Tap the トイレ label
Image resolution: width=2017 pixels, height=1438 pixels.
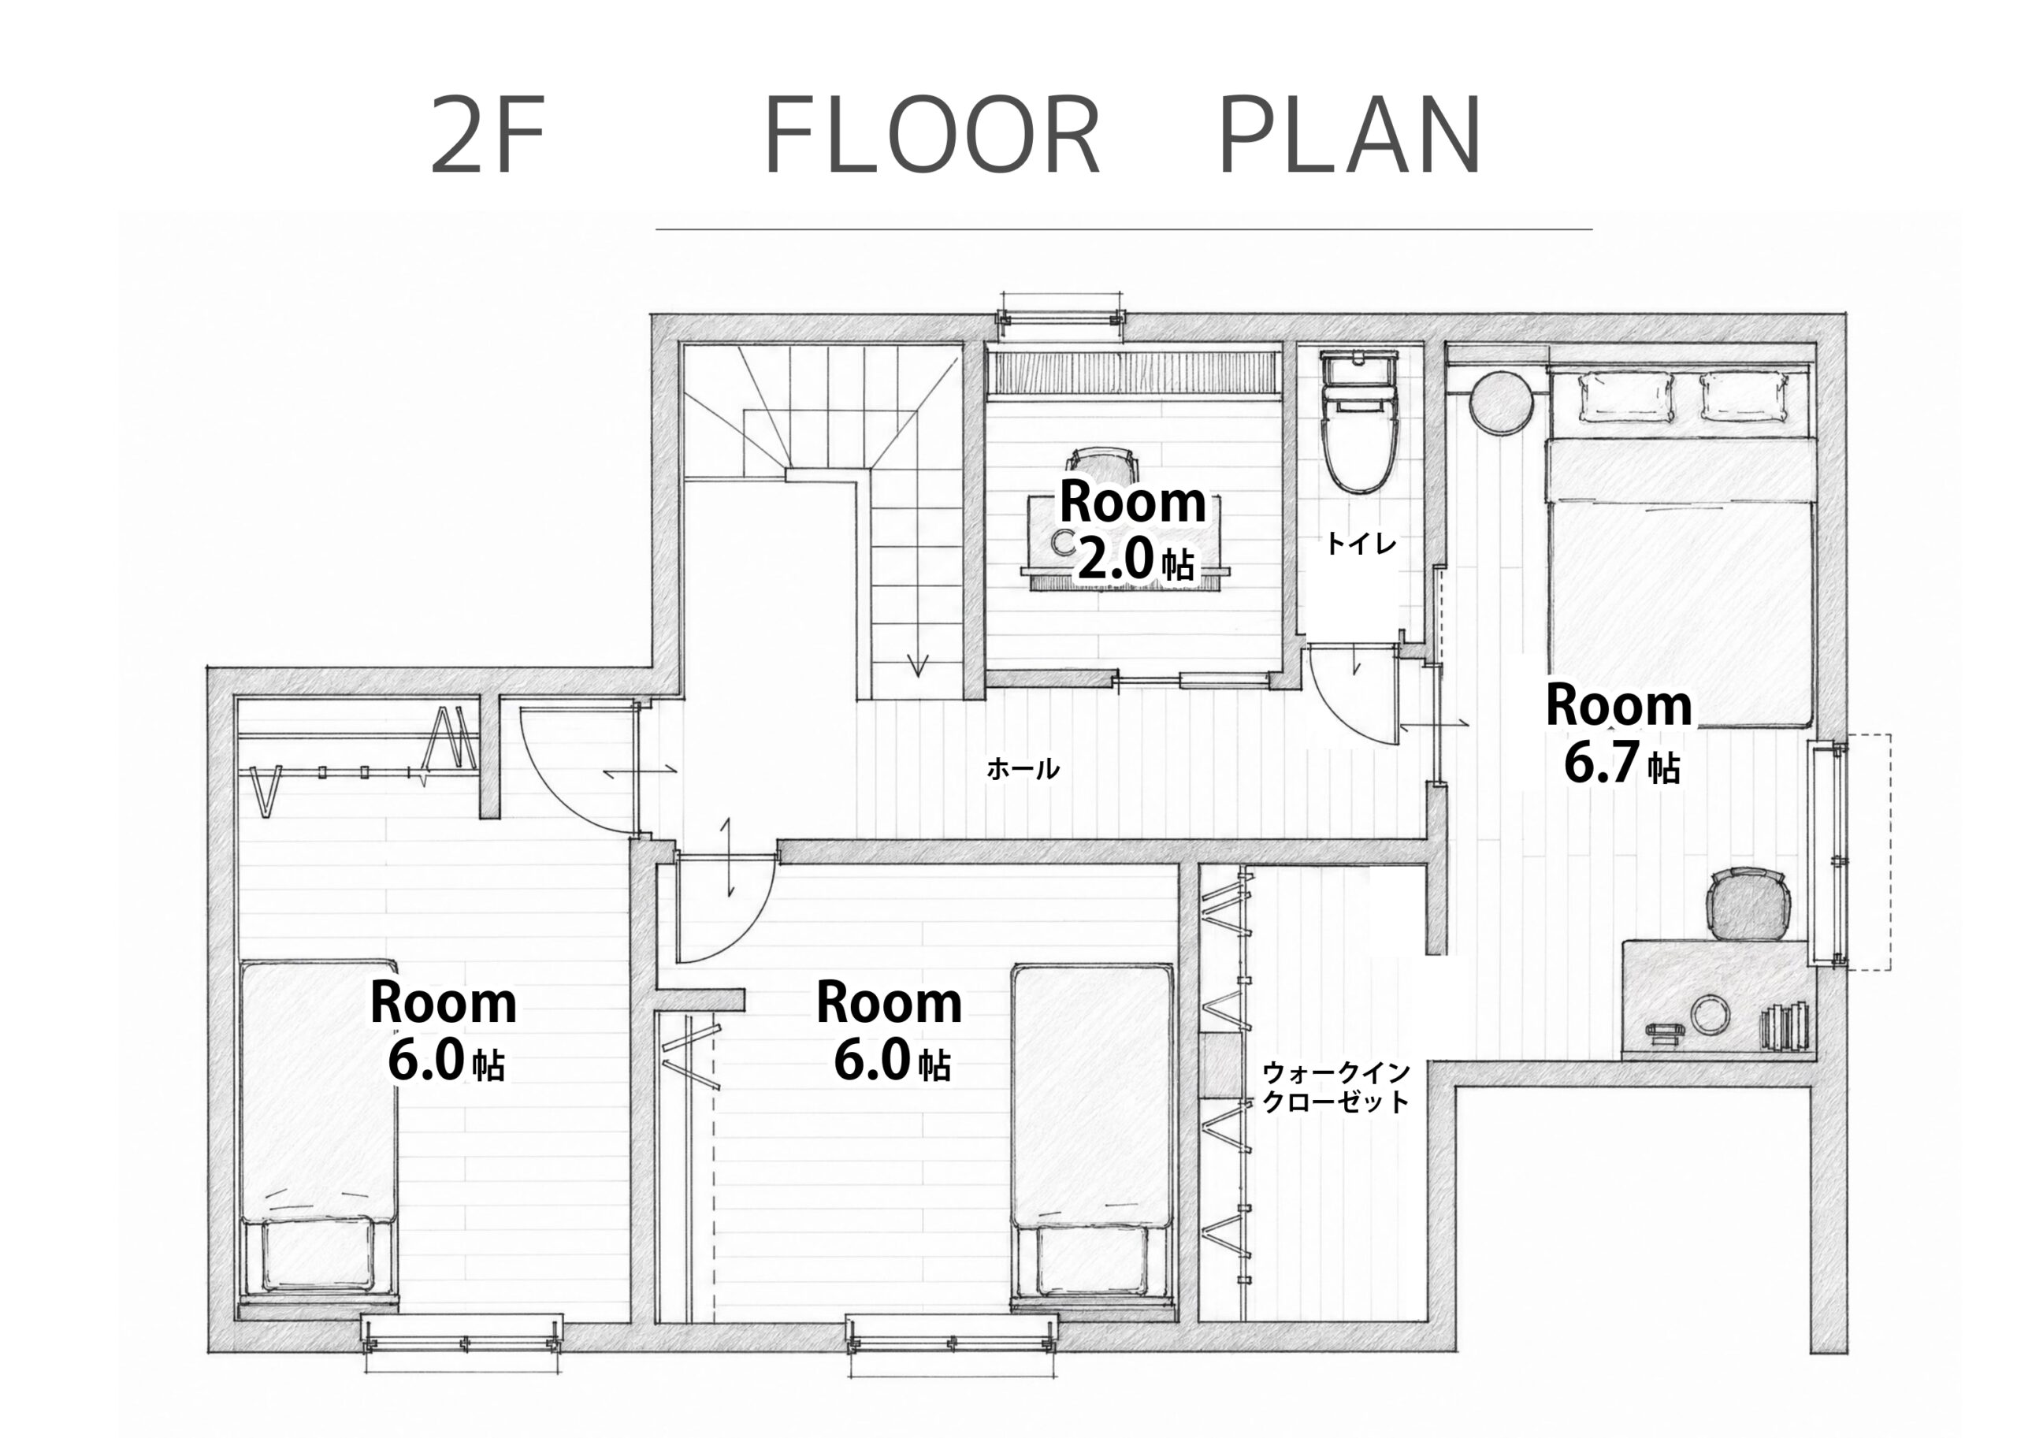coord(1360,544)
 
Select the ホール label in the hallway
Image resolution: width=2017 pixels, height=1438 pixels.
coord(1023,768)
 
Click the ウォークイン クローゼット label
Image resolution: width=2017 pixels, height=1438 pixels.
coord(1336,1087)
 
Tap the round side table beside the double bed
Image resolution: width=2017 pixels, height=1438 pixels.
coord(1500,402)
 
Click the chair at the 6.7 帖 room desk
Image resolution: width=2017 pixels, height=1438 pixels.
coord(1748,903)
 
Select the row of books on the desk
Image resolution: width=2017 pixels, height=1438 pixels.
coord(1783,1025)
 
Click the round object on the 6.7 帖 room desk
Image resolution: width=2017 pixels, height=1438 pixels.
coord(1710,1015)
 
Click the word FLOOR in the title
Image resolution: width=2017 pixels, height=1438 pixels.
coord(931,136)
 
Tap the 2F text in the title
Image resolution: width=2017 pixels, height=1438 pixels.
coord(486,136)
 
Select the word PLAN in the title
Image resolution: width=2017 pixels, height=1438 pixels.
coord(1350,136)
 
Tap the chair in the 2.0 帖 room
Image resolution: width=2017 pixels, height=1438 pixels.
coord(1101,466)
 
